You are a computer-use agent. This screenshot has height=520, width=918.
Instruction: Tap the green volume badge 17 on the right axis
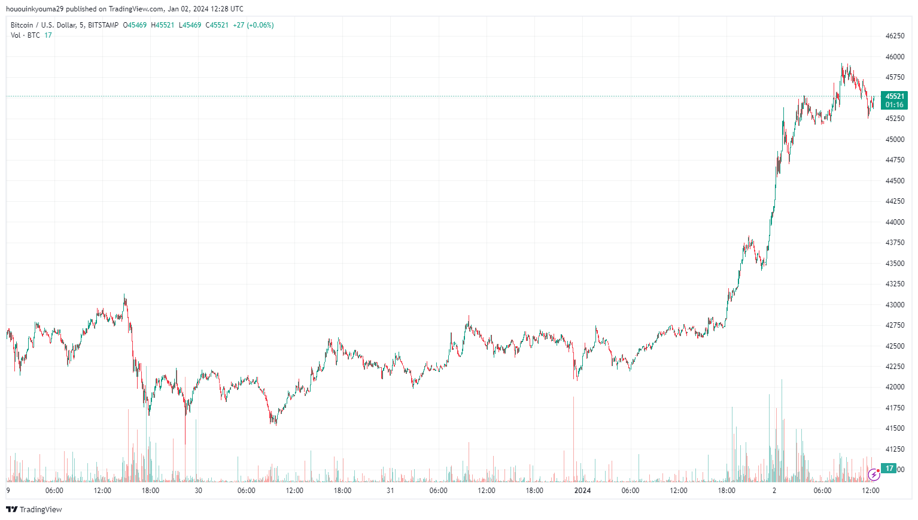[889, 468]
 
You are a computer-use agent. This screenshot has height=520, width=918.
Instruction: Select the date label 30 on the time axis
[198, 491]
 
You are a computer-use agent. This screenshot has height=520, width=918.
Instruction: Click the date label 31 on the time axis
[390, 491]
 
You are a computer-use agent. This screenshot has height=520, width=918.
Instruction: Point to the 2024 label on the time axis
[582, 491]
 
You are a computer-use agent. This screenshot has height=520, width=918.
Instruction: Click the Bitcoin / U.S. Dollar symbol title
[42, 25]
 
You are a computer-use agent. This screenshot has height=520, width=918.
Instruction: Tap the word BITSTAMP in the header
[103, 25]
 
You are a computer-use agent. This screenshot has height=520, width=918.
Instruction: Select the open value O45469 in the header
[135, 25]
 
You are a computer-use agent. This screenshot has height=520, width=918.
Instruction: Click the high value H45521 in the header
[163, 25]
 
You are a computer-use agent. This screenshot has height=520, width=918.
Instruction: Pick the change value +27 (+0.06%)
[253, 25]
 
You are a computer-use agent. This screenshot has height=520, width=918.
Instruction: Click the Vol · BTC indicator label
[25, 35]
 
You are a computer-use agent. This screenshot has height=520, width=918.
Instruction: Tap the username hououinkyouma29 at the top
[34, 9]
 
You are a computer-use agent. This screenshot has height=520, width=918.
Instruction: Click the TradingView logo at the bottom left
[34, 509]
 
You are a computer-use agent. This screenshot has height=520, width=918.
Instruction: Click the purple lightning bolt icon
[874, 475]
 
